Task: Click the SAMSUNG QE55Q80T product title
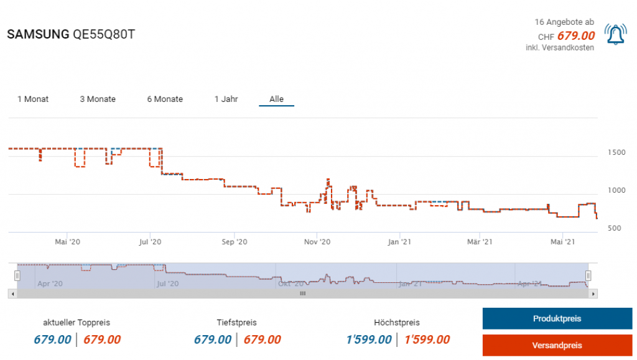point(70,35)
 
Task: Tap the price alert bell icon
point(615,35)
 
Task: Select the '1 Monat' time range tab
point(33,99)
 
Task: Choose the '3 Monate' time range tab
point(98,99)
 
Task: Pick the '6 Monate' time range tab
point(165,99)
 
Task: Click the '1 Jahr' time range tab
point(226,99)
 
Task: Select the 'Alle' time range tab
point(276,99)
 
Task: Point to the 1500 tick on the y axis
point(615,152)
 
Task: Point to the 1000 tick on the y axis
point(615,190)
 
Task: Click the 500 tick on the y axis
point(615,229)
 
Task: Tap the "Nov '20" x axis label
point(317,242)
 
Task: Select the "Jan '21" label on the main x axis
point(399,242)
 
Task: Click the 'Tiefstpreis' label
point(237,323)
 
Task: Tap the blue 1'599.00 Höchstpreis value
point(368,339)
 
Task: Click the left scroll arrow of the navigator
point(12,293)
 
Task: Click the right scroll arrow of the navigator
point(593,293)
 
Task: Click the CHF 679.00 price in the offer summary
point(575,36)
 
